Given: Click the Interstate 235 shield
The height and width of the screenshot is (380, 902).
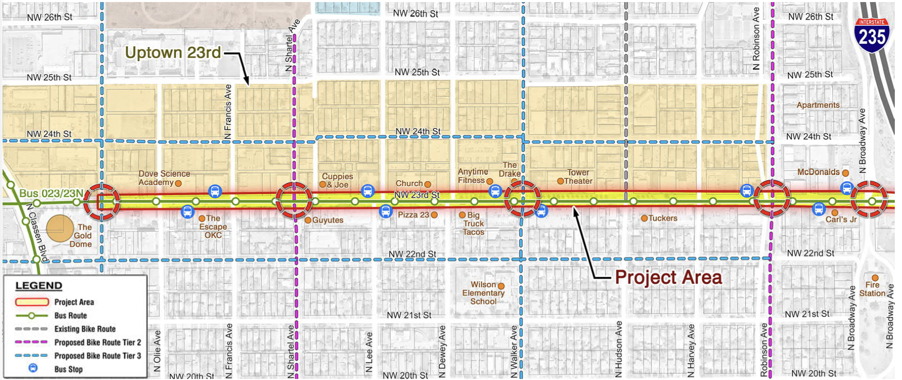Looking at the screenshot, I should (872, 35).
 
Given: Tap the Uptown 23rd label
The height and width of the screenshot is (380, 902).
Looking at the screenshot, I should (173, 53).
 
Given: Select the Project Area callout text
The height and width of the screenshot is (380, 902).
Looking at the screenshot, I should (668, 278).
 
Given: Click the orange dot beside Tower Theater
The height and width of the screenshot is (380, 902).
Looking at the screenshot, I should (561, 181).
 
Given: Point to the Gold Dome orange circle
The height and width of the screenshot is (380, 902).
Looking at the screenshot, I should (60, 228).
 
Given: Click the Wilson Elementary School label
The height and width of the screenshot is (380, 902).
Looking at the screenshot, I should (483, 293).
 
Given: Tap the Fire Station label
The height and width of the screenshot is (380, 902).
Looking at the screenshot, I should (872, 289).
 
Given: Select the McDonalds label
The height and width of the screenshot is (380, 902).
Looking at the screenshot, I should (818, 172).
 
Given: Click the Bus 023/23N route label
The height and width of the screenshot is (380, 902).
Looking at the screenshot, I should (51, 194).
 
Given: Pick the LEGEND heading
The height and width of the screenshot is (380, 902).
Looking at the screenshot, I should (39, 286).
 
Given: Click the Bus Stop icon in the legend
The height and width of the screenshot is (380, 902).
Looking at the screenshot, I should (33, 368).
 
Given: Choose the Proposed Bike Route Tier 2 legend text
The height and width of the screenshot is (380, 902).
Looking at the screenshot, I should (98, 342).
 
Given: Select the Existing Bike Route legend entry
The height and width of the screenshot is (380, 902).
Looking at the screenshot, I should (85, 329).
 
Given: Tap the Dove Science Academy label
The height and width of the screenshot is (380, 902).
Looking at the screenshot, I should (164, 178).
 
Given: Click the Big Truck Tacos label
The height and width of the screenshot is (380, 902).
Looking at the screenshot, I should (473, 223).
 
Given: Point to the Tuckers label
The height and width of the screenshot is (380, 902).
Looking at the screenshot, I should (662, 218).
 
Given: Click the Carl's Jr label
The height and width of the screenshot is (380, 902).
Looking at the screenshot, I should (841, 219).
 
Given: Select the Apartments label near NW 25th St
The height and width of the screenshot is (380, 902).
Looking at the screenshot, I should (818, 105).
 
